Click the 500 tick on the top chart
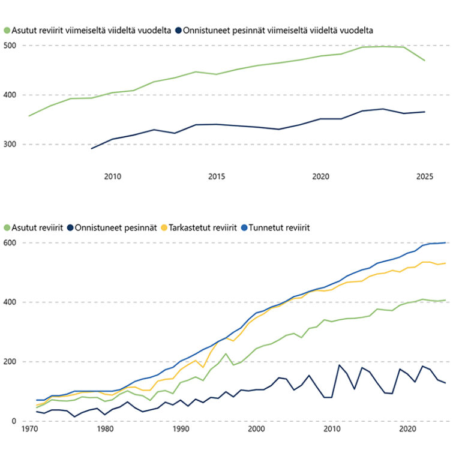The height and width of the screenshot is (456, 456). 11,46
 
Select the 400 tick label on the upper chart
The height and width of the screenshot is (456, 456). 11,95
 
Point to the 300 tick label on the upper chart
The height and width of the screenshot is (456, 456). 11,145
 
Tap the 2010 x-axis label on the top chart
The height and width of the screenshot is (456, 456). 113,176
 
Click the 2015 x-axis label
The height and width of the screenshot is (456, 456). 217,176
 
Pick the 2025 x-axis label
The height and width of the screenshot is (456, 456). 425,176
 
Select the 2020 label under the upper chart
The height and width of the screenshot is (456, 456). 321,176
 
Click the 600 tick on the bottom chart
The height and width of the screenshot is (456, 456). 11,243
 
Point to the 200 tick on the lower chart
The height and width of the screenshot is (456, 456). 11,362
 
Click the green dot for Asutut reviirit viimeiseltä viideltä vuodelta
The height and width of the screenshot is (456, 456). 7,29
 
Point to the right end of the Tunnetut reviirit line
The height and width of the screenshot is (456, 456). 445,242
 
